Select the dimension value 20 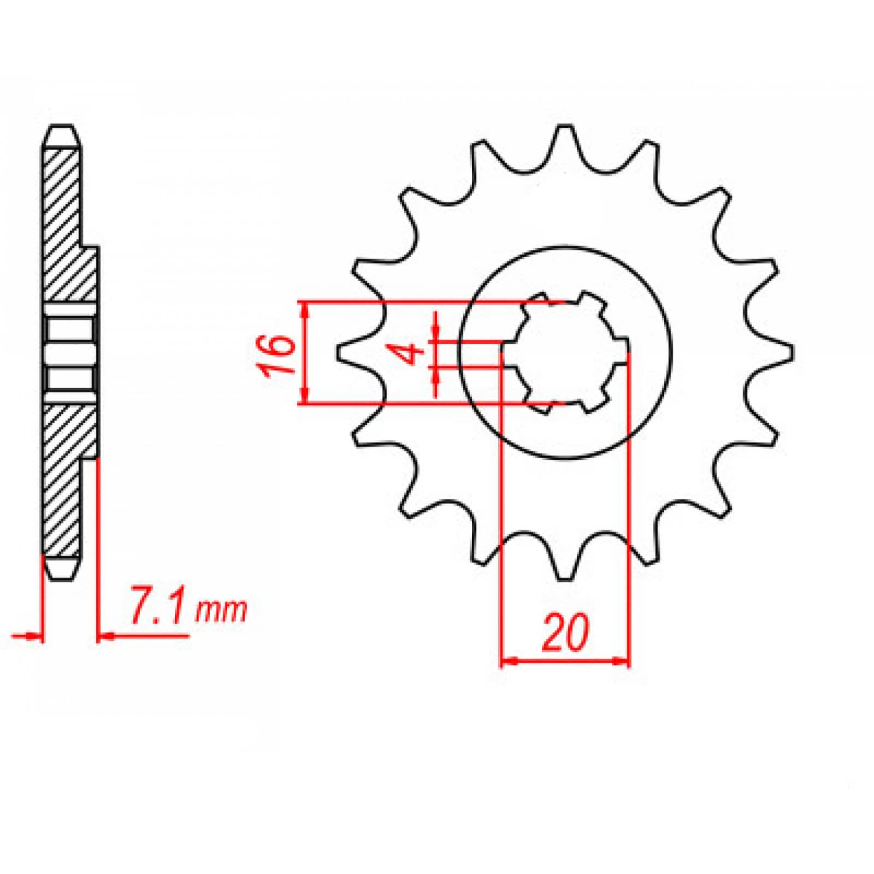pos(565,633)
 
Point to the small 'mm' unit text pos(221,612)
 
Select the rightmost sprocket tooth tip pos(790,352)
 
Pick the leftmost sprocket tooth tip pos(340,352)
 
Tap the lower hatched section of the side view pos(66,481)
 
